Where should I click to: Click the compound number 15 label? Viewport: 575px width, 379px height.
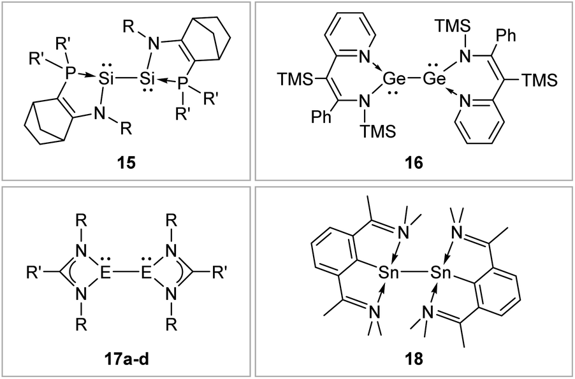(x=126, y=162)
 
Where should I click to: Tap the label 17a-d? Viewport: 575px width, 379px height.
(x=126, y=359)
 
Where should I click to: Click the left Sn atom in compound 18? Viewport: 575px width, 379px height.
(x=389, y=273)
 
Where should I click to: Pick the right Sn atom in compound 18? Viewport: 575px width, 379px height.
(x=440, y=273)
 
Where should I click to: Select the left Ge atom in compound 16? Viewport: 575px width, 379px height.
(x=394, y=78)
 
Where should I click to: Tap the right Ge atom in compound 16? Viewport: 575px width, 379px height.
(x=435, y=78)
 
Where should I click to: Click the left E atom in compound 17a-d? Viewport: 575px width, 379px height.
(x=106, y=273)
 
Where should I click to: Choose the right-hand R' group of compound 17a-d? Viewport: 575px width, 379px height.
(x=219, y=273)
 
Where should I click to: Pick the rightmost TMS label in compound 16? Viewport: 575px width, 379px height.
(x=539, y=80)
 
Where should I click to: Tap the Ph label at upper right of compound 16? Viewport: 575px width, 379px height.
(x=506, y=36)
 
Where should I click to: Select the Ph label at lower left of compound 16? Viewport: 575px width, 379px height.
(x=321, y=117)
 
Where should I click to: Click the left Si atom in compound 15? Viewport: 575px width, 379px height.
(x=106, y=78)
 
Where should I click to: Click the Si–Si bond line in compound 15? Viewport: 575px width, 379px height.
(x=126, y=78)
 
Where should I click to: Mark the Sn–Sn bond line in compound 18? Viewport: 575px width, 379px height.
(x=414, y=273)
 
